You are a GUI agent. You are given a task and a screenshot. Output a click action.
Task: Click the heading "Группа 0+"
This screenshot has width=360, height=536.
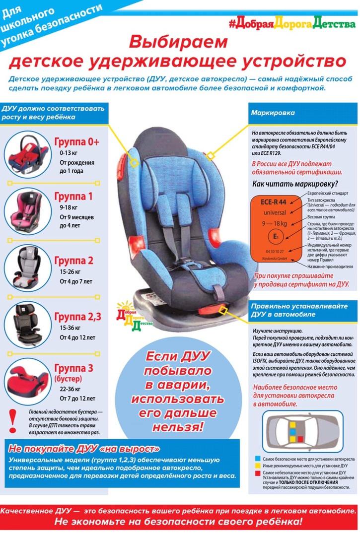pyautogui.click(x=77, y=141)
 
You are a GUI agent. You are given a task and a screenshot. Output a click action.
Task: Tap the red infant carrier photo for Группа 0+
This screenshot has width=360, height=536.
pyautogui.click(x=28, y=154)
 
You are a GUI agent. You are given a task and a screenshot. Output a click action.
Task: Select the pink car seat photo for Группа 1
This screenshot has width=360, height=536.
pyautogui.click(x=28, y=211)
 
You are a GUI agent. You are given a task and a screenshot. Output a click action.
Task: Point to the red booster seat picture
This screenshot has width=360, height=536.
pyautogui.click(x=28, y=381)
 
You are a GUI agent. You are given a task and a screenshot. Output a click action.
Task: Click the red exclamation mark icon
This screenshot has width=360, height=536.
pyautogui.click(x=12, y=421)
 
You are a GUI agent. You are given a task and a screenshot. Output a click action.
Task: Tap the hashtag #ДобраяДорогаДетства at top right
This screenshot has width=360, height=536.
pyautogui.click(x=291, y=24)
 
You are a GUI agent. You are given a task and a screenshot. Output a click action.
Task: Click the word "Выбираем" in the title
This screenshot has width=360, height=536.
pyautogui.click(x=178, y=42)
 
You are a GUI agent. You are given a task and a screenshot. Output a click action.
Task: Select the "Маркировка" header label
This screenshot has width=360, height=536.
pyautogui.click(x=273, y=113)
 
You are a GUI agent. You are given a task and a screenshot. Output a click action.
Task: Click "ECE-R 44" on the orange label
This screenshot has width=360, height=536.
pyautogui.click(x=274, y=202)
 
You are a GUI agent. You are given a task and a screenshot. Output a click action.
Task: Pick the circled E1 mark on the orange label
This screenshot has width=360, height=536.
pyautogui.click(x=276, y=236)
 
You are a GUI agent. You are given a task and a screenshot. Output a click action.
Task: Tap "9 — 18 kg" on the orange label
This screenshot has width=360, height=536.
pyautogui.click(x=274, y=223)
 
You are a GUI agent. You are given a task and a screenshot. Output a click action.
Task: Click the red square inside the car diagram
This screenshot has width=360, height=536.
pyautogui.click(x=300, y=439)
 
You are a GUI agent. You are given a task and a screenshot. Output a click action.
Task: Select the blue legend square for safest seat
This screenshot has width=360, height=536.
pyautogui.click(x=258, y=459)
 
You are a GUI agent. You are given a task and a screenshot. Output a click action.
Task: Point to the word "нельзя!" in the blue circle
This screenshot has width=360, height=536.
pyautogui.click(x=178, y=427)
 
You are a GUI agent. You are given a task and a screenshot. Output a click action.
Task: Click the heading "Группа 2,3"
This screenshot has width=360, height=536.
pyautogui.click(x=77, y=317)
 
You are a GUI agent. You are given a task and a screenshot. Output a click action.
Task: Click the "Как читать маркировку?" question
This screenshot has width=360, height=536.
pyautogui.click(x=295, y=184)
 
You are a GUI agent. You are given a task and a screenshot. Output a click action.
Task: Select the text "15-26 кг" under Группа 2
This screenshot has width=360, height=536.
pyautogui.click(x=70, y=272)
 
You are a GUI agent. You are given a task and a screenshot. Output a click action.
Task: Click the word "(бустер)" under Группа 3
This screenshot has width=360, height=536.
pyautogui.click(x=68, y=379)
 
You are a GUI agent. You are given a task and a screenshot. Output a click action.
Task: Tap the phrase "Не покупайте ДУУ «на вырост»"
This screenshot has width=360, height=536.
pyautogui.click(x=83, y=449)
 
